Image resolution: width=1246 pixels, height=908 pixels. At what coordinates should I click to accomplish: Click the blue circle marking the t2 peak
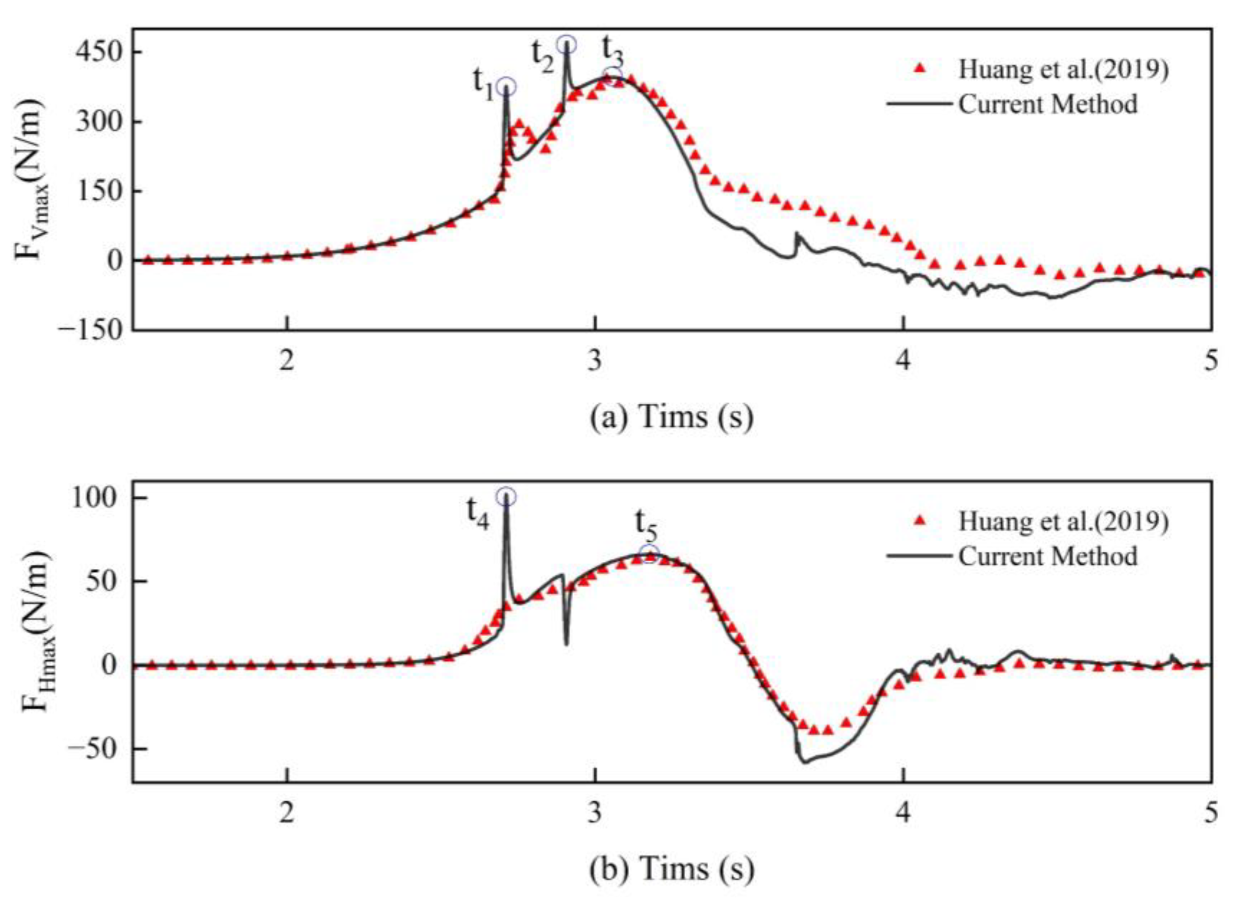(566, 45)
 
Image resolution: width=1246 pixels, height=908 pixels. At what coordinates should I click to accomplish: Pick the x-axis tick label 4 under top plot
(904, 362)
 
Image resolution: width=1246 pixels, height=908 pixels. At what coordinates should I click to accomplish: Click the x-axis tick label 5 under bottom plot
(1211, 813)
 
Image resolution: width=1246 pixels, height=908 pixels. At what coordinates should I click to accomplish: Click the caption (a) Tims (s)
(672, 417)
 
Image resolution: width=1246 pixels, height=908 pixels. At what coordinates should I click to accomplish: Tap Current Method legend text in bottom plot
(1048, 556)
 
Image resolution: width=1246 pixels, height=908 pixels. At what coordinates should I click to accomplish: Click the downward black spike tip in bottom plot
(566, 644)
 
